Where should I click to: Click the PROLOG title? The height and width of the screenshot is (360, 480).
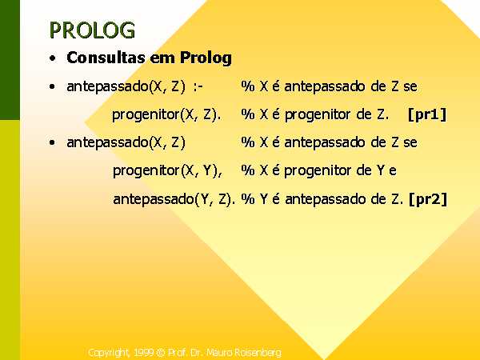92,30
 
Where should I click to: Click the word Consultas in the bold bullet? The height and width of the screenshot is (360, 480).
106,58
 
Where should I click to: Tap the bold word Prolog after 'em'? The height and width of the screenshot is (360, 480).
206,58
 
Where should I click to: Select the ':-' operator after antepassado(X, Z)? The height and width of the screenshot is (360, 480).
198,86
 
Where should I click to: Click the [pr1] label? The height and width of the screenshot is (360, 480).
427,114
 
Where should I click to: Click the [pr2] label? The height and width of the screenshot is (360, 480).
428,199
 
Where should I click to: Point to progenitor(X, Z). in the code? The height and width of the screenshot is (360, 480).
166,115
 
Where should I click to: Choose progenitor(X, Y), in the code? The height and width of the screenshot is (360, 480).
167,171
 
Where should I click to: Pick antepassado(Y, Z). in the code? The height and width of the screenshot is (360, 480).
174,199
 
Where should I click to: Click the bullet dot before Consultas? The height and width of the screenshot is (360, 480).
53,58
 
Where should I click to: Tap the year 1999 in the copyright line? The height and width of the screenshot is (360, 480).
143,353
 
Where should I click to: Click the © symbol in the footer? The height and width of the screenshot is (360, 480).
161,353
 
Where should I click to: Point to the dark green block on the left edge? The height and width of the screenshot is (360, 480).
10,60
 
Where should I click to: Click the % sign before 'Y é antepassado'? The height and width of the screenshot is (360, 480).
248,199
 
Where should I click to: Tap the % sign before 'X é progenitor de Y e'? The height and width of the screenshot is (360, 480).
248,170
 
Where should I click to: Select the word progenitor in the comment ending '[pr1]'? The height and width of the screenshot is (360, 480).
318,115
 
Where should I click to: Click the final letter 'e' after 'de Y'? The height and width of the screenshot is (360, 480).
393,171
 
